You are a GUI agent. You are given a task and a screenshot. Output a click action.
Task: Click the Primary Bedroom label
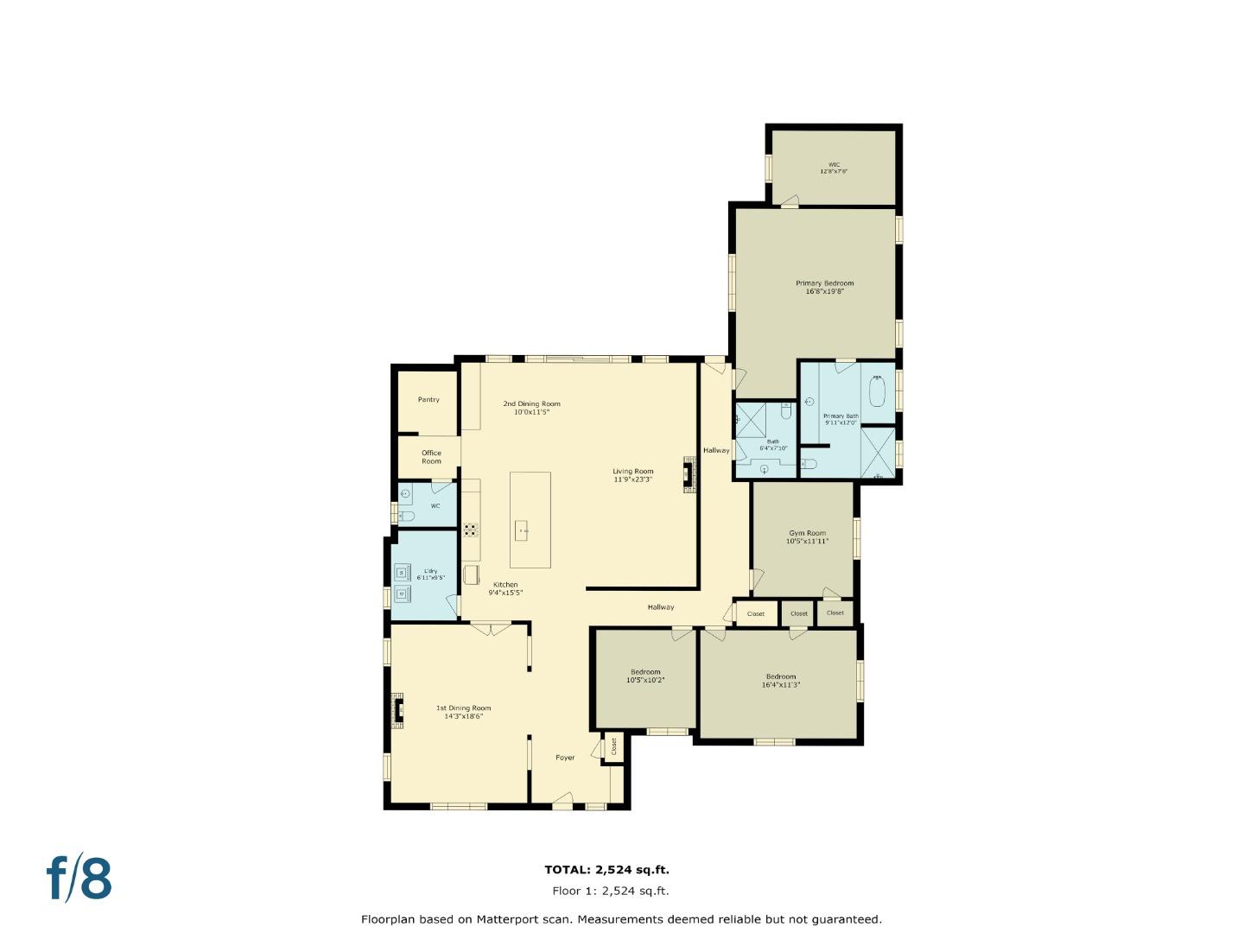point(824,283)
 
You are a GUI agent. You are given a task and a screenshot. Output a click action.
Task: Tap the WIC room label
point(834,164)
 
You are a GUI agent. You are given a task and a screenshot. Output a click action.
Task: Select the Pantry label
point(428,399)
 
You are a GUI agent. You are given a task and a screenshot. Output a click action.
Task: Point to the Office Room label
point(431,457)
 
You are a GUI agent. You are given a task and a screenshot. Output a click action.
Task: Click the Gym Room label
point(807,533)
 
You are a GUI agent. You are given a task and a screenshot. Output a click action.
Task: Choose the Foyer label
point(565,758)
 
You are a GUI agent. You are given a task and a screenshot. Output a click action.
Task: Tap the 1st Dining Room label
point(463,708)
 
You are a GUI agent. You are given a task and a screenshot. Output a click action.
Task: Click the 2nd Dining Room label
point(531,403)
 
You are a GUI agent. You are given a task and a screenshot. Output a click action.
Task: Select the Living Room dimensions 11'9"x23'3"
point(632,479)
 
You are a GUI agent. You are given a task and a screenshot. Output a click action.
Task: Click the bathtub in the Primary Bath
point(878,391)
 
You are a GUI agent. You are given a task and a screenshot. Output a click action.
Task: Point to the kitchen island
point(530,519)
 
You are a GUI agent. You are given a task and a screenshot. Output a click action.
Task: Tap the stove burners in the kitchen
point(471,530)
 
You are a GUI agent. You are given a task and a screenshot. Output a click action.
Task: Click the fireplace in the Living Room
point(689,473)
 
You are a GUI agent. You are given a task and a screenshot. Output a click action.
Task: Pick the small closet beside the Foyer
point(613,747)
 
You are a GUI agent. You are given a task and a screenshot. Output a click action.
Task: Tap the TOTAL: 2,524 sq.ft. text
point(606,870)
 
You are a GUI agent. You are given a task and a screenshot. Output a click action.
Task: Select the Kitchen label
point(505,585)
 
